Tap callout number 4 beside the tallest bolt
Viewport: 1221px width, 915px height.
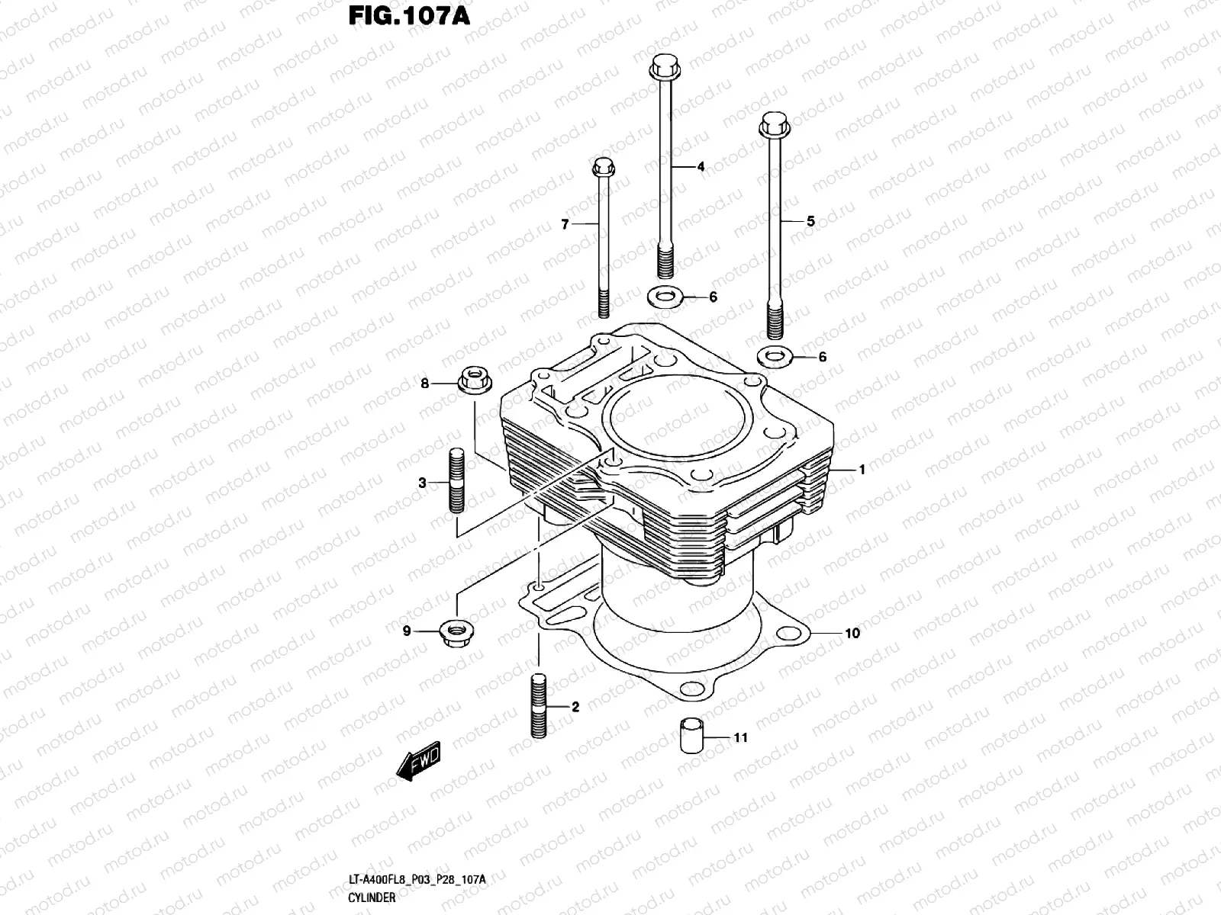[x=701, y=166]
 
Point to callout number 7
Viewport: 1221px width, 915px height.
[x=565, y=224]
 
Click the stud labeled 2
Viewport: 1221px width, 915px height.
[x=539, y=705]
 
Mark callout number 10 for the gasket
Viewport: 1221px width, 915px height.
[x=852, y=633]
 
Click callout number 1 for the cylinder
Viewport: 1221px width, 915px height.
[x=862, y=470]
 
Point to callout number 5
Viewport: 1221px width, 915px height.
[x=810, y=221]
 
